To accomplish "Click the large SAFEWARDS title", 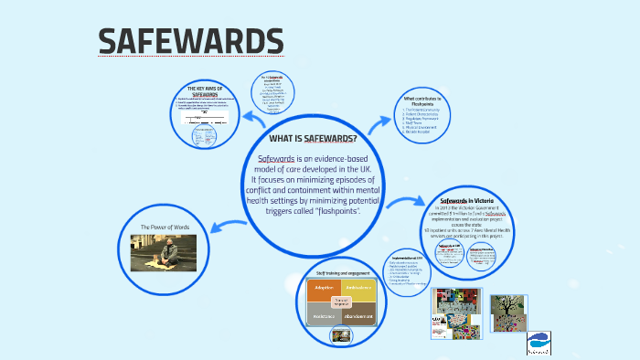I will pos(191,41).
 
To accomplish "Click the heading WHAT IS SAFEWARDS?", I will pos(313,139).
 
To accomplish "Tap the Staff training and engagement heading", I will pos(341,272).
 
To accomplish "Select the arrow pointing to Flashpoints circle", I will pos(382,122).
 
